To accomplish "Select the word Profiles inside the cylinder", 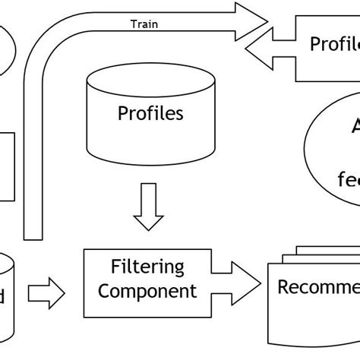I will [x=150, y=114].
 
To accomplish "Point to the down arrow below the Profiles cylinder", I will [x=148, y=207].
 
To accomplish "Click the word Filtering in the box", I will [x=147, y=267].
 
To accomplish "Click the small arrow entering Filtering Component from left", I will [x=46, y=292].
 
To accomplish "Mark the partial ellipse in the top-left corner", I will [x=6, y=50].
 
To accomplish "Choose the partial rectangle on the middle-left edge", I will [x=6, y=167].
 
